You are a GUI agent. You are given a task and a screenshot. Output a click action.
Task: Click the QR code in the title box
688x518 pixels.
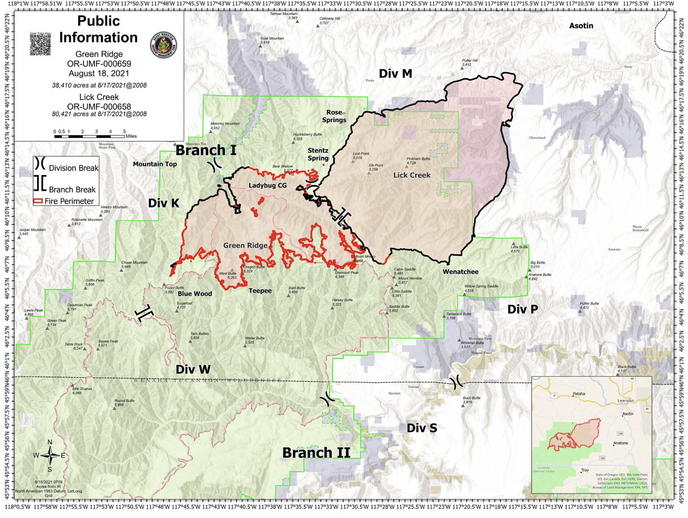click(x=40, y=44)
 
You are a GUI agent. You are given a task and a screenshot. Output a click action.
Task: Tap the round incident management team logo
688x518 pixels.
click(x=163, y=45)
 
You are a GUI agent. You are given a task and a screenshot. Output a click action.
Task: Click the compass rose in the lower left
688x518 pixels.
click(x=50, y=456)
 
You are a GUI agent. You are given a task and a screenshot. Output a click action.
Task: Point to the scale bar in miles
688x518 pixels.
click(x=89, y=136)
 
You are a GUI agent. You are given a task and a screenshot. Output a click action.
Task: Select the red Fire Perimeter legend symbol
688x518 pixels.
click(x=38, y=201)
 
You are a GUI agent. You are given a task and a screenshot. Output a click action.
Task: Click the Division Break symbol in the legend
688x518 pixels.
click(x=40, y=164)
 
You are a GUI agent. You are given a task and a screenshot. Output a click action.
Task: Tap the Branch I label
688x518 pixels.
click(x=206, y=150)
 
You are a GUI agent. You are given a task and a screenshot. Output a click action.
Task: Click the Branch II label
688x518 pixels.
click(x=316, y=453)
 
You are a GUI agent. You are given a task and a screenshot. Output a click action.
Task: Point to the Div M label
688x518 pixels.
click(x=395, y=74)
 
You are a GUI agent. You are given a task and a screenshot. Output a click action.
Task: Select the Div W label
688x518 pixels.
click(x=193, y=369)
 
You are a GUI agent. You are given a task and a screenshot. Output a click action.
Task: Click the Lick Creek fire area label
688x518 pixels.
click(x=412, y=175)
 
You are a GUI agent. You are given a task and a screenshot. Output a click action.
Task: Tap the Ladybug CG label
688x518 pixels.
click(x=267, y=185)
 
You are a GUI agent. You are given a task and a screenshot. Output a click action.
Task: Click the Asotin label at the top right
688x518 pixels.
click(x=581, y=26)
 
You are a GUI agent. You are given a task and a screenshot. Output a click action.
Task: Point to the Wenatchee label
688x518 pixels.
click(x=460, y=272)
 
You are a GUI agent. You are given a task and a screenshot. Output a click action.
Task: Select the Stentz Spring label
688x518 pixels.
click(x=318, y=154)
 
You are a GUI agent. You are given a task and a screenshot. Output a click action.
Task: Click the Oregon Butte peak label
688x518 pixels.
click(x=254, y=267)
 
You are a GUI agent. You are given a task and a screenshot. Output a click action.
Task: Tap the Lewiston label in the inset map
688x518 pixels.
click(x=625, y=400)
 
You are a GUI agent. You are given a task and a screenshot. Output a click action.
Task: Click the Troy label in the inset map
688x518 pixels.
click(x=585, y=470)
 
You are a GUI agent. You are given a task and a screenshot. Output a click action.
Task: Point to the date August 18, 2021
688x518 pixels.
click(x=99, y=73)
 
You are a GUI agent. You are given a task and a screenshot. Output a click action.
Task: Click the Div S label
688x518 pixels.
click(x=421, y=428)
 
